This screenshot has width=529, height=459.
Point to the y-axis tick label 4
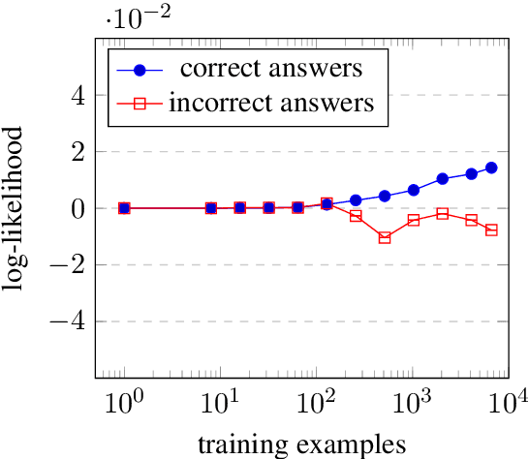[76, 96]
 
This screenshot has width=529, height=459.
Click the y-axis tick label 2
[76, 152]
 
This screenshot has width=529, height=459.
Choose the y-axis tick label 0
[76, 208]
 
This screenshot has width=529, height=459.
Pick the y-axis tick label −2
[69, 264]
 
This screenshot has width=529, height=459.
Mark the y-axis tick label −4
[69, 321]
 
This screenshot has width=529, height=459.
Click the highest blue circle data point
[491, 168]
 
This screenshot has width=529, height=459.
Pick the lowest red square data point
[385, 237]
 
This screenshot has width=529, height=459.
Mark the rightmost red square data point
[491, 230]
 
